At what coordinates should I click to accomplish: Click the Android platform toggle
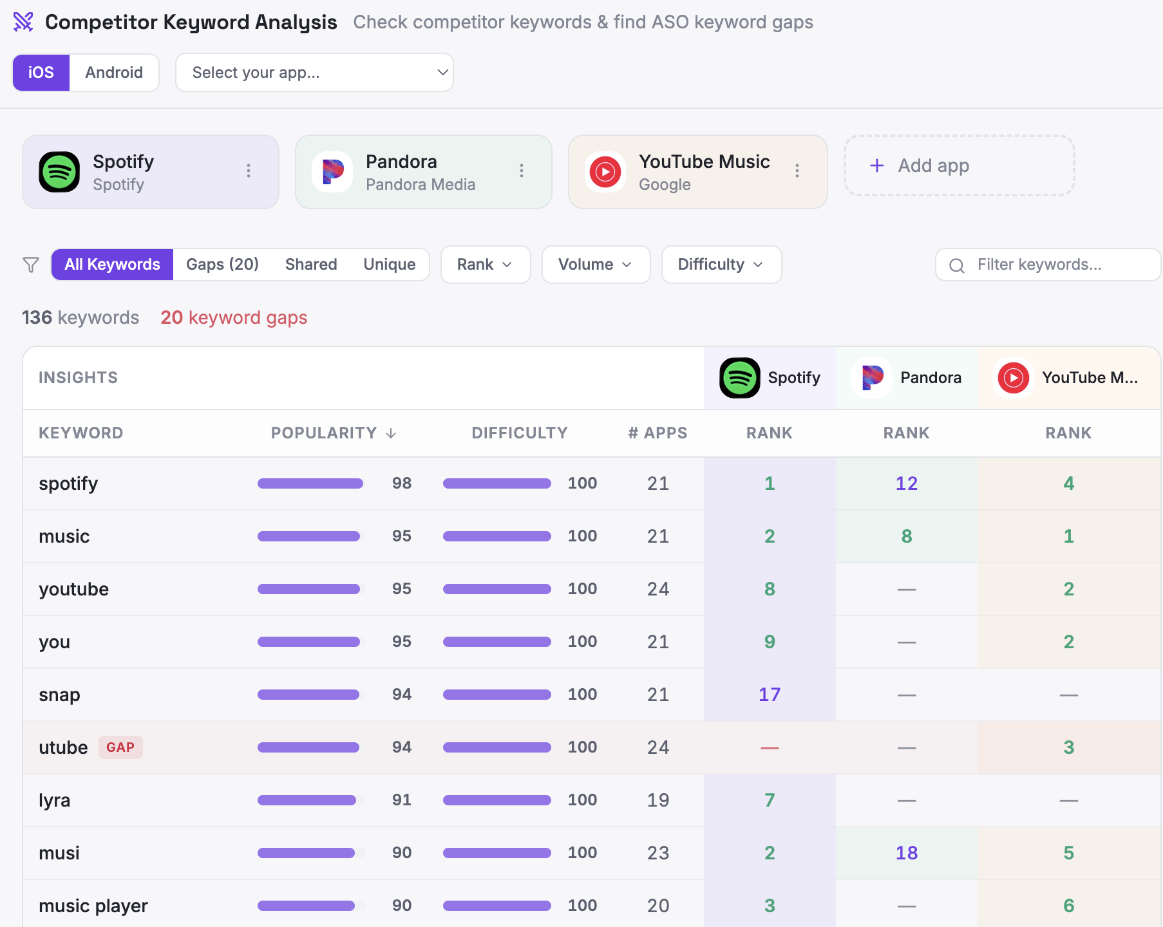114,73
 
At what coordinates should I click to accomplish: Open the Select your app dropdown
314,73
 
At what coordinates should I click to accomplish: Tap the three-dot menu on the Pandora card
522,171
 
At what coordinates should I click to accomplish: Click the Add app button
959,165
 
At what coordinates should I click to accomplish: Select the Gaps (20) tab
222,265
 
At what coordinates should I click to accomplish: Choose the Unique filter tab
389,265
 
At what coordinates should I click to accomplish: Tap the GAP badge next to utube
120,747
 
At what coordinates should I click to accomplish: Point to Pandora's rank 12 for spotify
906,483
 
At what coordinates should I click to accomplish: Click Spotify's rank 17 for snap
770,695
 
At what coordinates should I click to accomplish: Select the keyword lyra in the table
55,800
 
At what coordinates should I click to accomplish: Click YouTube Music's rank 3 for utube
1068,747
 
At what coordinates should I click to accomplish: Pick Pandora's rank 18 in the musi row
906,853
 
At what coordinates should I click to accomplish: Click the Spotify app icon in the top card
59,172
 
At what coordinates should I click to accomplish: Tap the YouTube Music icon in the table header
1013,378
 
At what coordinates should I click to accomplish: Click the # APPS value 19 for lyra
658,800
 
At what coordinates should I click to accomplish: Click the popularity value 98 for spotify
402,483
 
